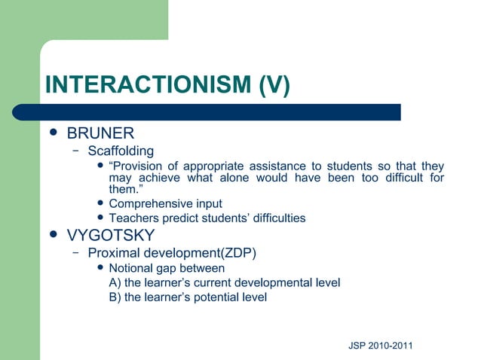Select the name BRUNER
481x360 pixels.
pyautogui.click(x=100, y=134)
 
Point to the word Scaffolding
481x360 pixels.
pyautogui.click(x=121, y=151)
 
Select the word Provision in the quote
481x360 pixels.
pyautogui.click(x=139, y=166)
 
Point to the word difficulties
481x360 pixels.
pyautogui.click(x=274, y=218)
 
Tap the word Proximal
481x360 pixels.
pyautogui.click(x=113, y=252)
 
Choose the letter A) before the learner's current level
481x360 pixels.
pyautogui.click(x=115, y=282)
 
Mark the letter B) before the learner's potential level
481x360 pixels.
pyautogui.click(x=115, y=297)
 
